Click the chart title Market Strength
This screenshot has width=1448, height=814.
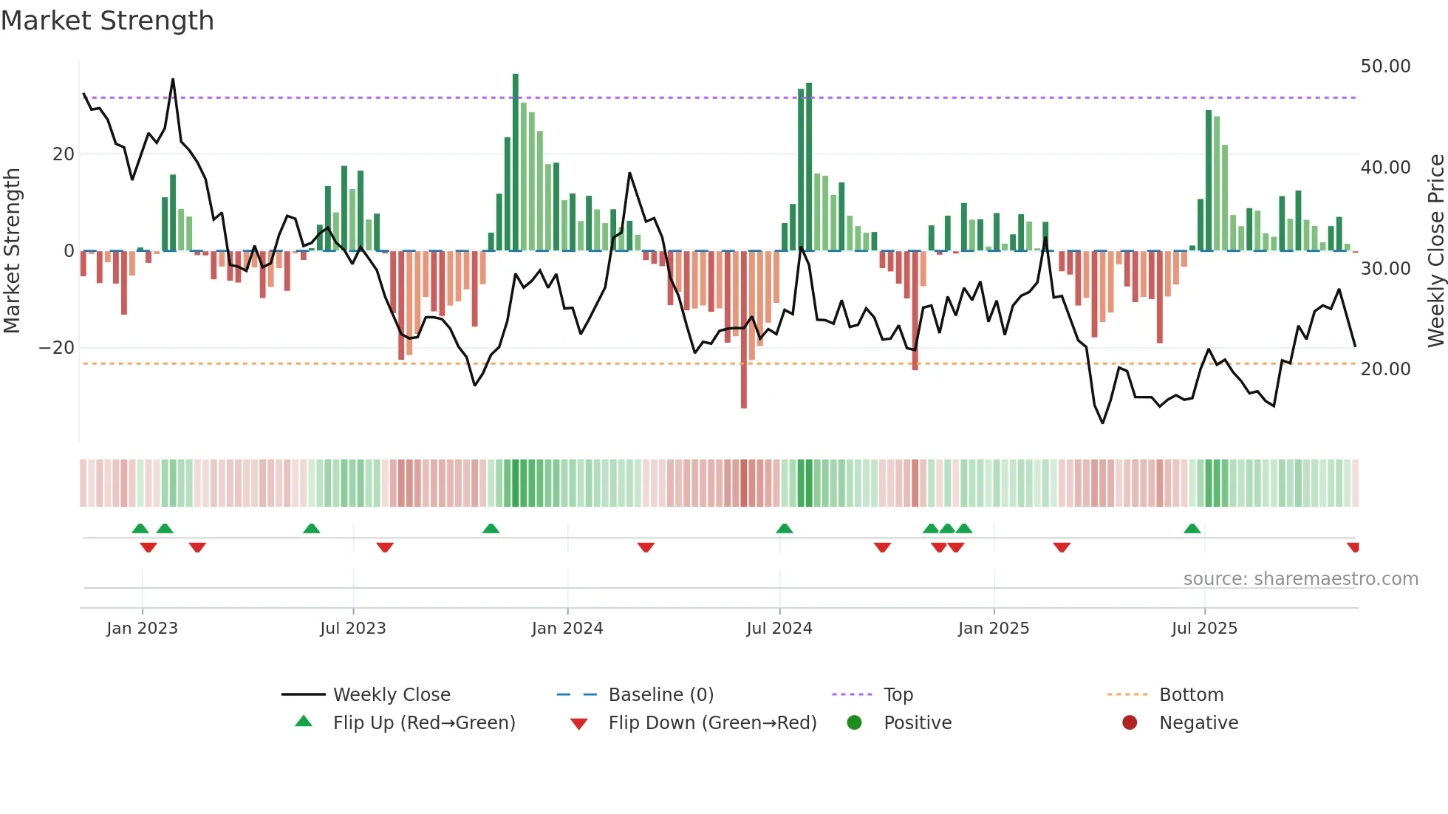pyautogui.click(x=107, y=21)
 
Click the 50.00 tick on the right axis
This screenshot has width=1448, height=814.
pyautogui.click(x=1385, y=66)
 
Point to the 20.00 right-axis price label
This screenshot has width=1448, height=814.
pyautogui.click(x=1385, y=369)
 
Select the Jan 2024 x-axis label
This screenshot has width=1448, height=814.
pyautogui.click(x=567, y=629)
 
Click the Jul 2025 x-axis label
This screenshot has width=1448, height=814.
pyautogui.click(x=1204, y=629)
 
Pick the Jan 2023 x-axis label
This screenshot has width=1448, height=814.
pyautogui.click(x=142, y=629)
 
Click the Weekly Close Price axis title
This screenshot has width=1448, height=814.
pyautogui.click(x=1435, y=251)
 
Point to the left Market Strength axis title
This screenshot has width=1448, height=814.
pyautogui.click(x=12, y=251)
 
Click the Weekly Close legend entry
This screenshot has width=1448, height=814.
pyautogui.click(x=391, y=695)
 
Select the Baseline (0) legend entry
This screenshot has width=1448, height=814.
pyautogui.click(x=660, y=695)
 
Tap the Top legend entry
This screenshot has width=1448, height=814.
pyautogui.click(x=898, y=695)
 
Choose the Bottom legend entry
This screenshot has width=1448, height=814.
pyautogui.click(x=1191, y=695)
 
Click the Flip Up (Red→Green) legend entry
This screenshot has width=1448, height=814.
pyautogui.click(x=423, y=723)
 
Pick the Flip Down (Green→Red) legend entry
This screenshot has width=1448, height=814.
pyautogui.click(x=712, y=723)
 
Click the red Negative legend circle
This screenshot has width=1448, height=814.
pyautogui.click(x=1130, y=723)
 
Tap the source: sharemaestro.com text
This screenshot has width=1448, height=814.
pyautogui.click(x=1300, y=579)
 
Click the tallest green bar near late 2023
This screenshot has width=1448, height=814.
pyautogui.click(x=516, y=163)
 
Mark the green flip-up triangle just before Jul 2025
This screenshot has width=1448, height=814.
pyautogui.click(x=1192, y=529)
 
